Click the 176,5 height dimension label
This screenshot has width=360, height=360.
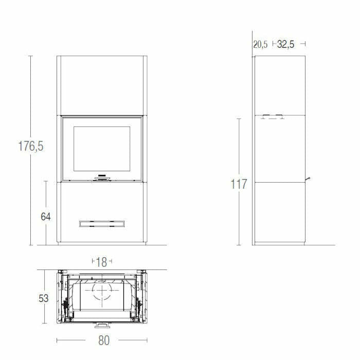coord(31,146)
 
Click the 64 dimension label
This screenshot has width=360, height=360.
coord(46,217)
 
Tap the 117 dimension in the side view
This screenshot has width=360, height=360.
coord(239,184)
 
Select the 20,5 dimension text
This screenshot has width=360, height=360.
coord(260,45)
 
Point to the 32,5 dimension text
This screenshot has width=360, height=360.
coord(285,45)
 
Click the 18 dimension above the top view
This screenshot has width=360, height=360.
coord(101,262)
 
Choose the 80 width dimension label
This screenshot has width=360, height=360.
coord(104,340)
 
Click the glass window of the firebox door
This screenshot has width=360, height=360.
coord(101,150)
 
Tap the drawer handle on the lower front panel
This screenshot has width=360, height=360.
coord(101,223)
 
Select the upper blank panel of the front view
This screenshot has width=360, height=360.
coord(101,85)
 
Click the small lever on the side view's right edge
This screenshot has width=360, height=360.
coord(309,179)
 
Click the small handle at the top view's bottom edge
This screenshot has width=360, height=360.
coord(101,325)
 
